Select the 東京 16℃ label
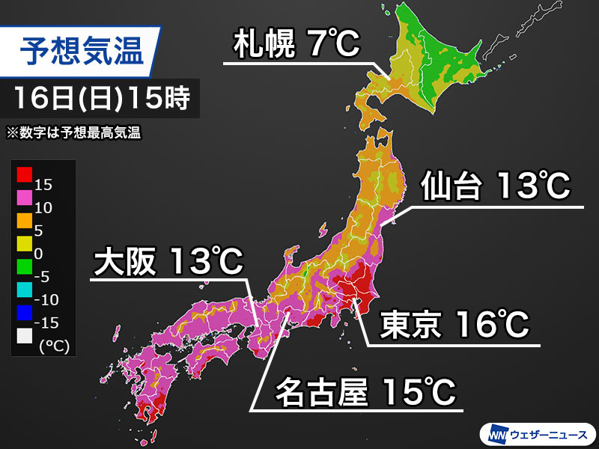455,325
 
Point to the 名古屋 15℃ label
365,391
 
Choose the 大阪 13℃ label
168,262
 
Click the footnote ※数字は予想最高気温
75,133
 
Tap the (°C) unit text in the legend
50,345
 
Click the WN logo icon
499,433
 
